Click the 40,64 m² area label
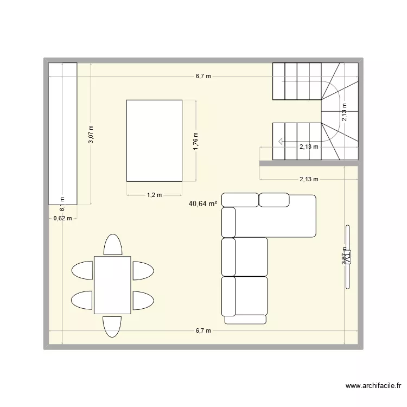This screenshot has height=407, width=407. tap(203, 204)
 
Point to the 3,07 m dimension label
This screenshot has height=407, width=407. tap(91, 134)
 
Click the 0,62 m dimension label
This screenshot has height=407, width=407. tap(62, 219)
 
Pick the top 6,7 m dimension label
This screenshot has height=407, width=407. tap(203, 77)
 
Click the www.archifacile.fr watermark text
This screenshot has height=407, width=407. tap(374, 386)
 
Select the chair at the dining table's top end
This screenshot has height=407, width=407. tap(112, 245)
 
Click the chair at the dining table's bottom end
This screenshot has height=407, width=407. tap(112, 326)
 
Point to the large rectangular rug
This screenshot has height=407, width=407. tap(154, 140)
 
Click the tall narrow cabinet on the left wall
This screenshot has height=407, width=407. tap(62, 133)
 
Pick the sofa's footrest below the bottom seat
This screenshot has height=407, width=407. tap(245, 320)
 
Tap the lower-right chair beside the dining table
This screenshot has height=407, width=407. tap(143, 300)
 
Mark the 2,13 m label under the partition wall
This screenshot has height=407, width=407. tap(308, 179)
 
